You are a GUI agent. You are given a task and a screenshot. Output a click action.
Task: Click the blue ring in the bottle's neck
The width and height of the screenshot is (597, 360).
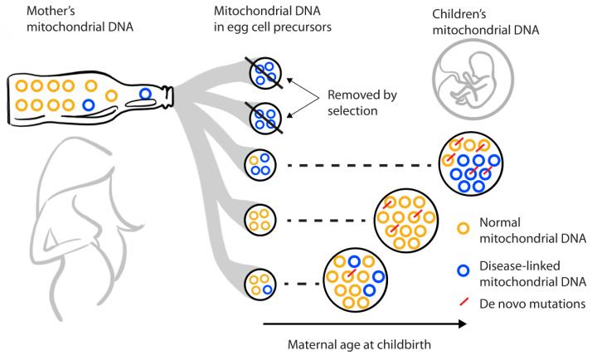(x=147, y=95)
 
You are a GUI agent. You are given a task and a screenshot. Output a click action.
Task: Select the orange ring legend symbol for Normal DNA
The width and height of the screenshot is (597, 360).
(x=466, y=224)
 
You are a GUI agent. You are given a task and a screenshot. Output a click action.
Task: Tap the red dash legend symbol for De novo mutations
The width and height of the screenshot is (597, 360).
(x=466, y=304)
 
